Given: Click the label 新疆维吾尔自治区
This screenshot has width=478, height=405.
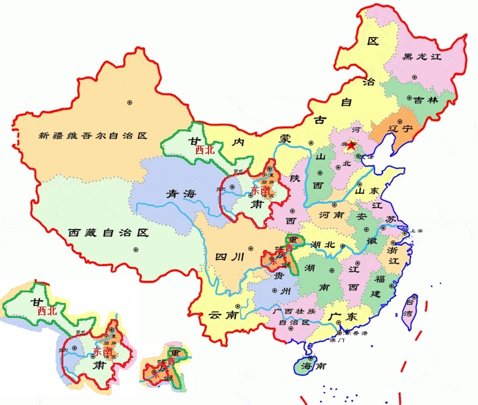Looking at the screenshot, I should (92, 135).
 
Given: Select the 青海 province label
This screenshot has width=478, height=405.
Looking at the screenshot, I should (181, 193).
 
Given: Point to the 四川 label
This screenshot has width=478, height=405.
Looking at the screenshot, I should (229, 257).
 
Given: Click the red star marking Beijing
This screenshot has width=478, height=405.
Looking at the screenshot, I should (352, 144).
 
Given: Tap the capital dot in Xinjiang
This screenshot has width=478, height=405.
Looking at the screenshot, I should (129, 103).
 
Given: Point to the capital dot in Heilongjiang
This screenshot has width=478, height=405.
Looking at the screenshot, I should (414, 78).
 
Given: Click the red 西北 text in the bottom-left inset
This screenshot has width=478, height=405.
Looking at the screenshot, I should (47, 311).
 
